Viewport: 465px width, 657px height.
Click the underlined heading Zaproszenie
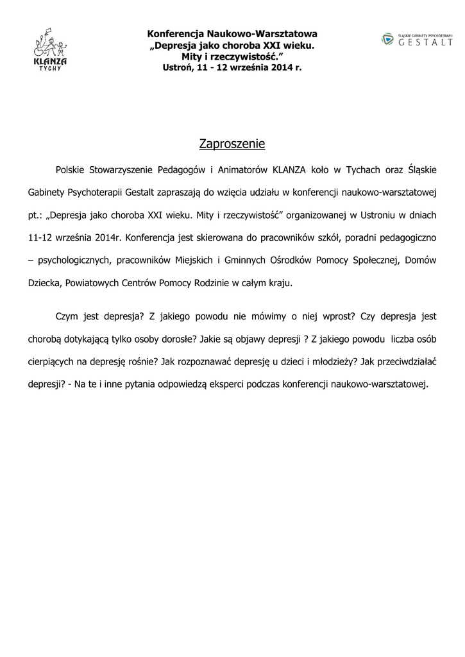(232, 144)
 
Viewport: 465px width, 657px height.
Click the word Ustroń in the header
(176, 67)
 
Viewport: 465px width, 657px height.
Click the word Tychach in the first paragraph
(364, 170)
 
